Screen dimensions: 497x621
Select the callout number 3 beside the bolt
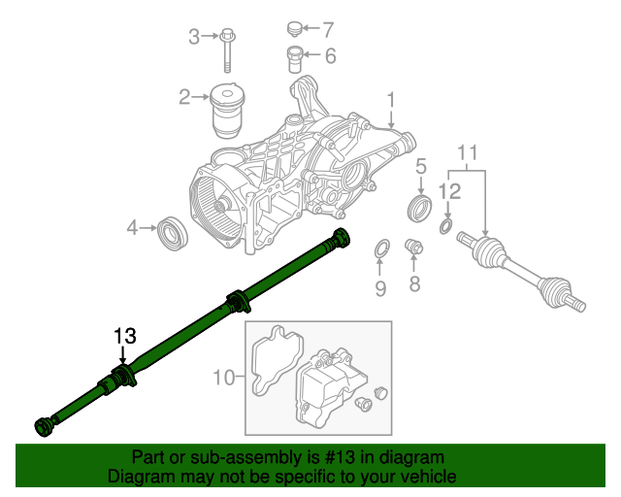pyautogui.click(x=194, y=37)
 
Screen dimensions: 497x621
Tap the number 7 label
pyautogui.click(x=327, y=28)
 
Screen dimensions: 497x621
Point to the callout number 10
pyautogui.click(x=222, y=377)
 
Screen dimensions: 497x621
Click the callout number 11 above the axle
pyautogui.click(x=468, y=152)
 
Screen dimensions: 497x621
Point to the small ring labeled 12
pyautogui.click(x=445, y=227)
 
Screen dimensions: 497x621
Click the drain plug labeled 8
pyautogui.click(x=413, y=248)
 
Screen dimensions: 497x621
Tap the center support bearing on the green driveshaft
pyautogui.click(x=236, y=303)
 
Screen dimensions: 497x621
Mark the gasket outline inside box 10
pyautogui.click(x=274, y=364)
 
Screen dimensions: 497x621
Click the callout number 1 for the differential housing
pyautogui.click(x=391, y=100)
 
